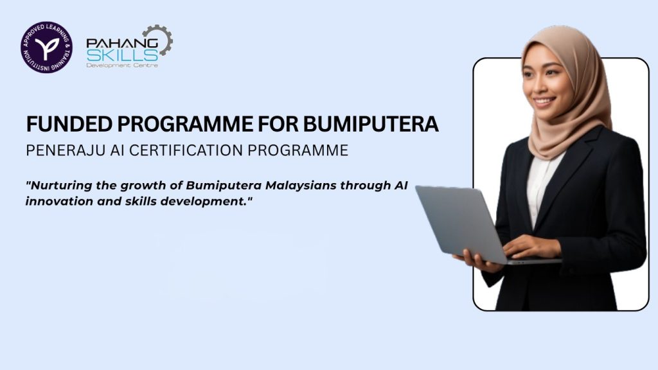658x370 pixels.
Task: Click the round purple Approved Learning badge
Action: click(x=46, y=48)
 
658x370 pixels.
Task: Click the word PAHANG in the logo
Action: click(x=122, y=43)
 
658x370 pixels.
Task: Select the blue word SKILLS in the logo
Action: click(x=122, y=55)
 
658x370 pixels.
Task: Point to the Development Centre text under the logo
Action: click(x=122, y=66)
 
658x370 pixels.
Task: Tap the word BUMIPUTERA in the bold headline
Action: click(x=371, y=124)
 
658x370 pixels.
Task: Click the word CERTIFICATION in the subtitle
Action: click(x=186, y=150)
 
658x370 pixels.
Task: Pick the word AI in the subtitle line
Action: click(x=117, y=150)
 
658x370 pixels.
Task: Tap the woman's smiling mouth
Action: click(x=544, y=101)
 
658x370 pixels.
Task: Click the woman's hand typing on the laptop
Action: click(x=530, y=246)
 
